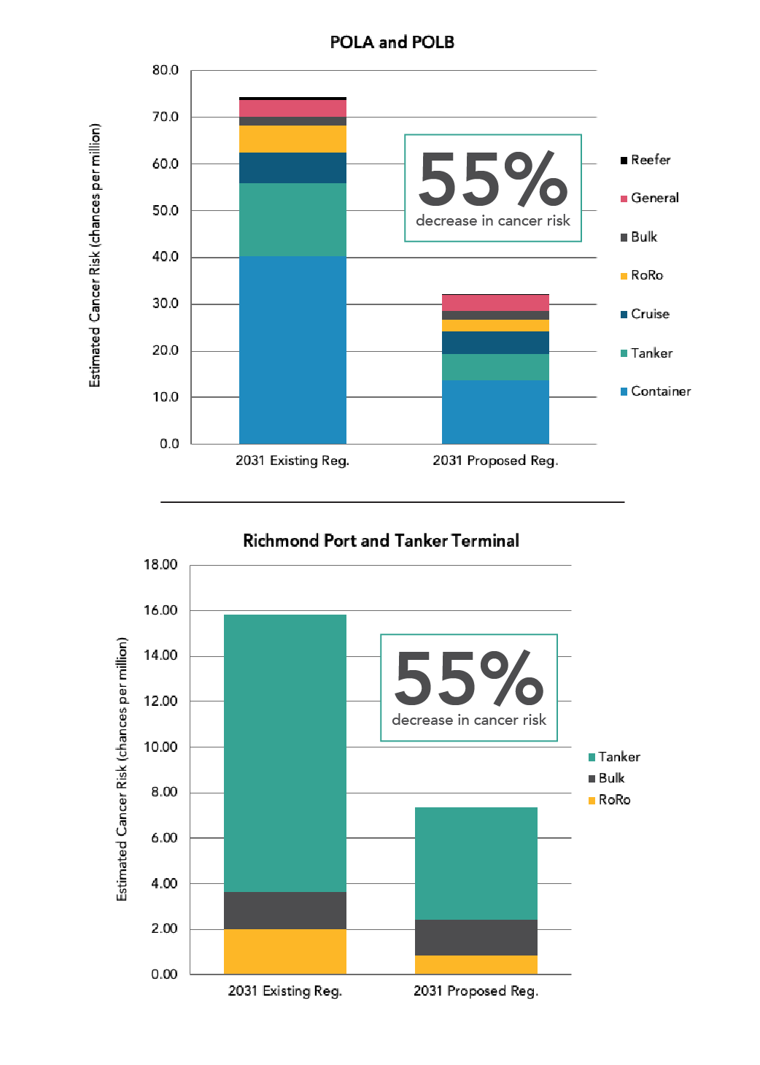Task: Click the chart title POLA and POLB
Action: point(392,42)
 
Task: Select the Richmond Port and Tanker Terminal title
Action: point(381,541)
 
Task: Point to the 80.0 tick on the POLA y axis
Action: point(166,70)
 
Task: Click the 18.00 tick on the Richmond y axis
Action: point(160,564)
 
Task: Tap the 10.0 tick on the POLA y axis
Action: point(166,397)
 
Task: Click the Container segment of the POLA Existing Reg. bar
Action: point(292,350)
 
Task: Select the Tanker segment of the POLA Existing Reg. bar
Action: point(292,219)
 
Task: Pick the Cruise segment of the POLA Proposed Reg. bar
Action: point(495,342)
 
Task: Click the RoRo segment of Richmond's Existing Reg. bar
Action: point(284,951)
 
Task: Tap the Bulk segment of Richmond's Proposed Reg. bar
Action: point(476,937)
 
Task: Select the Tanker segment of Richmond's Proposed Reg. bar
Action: point(476,863)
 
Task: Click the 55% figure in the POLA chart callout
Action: point(492,179)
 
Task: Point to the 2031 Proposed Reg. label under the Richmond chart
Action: point(476,991)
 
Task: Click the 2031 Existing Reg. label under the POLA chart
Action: point(292,461)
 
